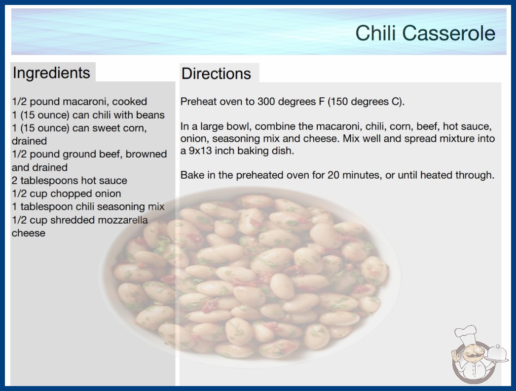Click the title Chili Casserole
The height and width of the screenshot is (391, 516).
(x=425, y=33)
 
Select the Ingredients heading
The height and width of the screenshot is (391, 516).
(x=51, y=73)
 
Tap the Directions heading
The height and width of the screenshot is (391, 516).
(x=216, y=74)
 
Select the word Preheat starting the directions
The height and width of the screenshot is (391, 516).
(x=198, y=102)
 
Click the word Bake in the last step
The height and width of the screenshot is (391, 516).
(x=192, y=175)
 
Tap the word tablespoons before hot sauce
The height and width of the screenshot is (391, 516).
(x=49, y=181)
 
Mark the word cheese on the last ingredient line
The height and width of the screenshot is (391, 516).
(x=28, y=233)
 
